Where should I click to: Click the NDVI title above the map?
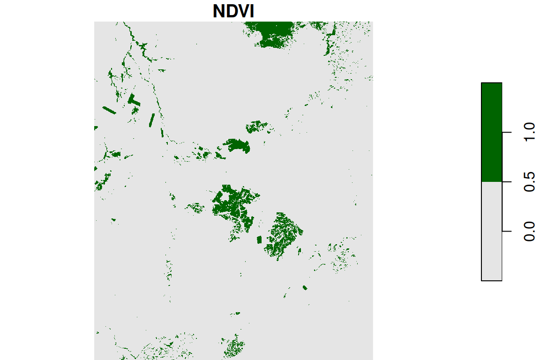pyautogui.click(x=233, y=11)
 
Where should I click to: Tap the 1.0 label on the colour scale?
pyautogui.click(x=529, y=133)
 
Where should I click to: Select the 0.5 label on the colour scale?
pyautogui.click(x=529, y=181)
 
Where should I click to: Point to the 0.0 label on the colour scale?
pyautogui.click(x=529, y=231)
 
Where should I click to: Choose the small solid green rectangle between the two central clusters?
pyautogui.click(x=259, y=240)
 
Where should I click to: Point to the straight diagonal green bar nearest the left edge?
pyautogui.click(x=109, y=111)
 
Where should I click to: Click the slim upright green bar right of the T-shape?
pyautogui.click(x=151, y=120)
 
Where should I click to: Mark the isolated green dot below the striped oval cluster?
pyautogui.click(x=305, y=287)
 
